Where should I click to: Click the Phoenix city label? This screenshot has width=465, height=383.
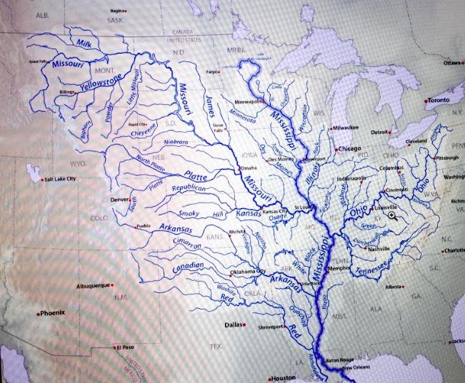pos(53,313)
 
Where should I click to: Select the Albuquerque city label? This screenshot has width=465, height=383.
pos(92,285)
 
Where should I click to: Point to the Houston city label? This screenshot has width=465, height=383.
pos(282,378)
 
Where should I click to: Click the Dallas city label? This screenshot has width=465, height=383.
pos(233,325)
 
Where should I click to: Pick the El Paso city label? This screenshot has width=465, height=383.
pos(124,347)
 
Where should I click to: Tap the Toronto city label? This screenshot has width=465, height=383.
pos(438,101)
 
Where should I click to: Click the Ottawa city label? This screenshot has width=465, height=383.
pos(452,63)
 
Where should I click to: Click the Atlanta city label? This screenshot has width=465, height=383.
pos(392,287)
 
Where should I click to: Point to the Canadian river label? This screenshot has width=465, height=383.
pos(188,267)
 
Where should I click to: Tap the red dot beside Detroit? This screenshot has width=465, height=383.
pos(391,132)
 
